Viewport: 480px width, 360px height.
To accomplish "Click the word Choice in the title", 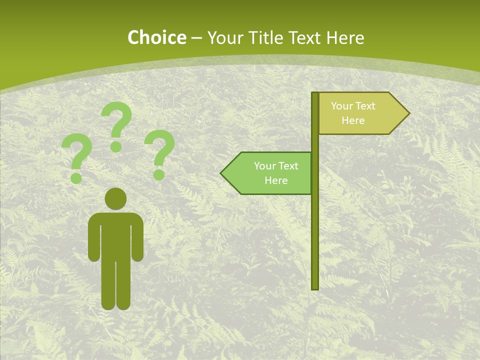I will [156, 37].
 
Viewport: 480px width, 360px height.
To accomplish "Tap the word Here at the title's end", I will [345, 37].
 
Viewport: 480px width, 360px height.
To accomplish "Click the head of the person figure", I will [115, 198].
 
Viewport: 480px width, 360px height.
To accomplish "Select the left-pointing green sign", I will [270, 173].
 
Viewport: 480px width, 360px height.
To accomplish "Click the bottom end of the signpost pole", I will [315, 287].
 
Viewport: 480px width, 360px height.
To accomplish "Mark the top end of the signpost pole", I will [315, 94].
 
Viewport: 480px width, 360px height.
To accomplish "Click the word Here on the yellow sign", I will [353, 120].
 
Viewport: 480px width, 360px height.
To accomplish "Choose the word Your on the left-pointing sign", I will [263, 166].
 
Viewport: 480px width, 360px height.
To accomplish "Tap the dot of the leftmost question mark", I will [76, 178].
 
